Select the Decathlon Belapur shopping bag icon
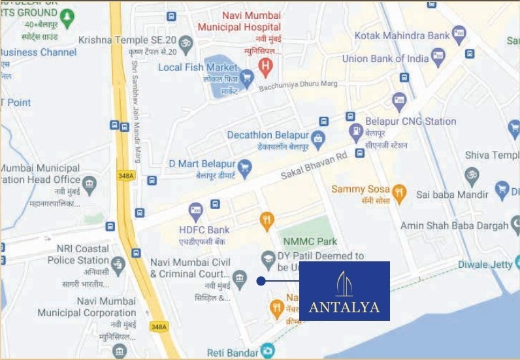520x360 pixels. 317,138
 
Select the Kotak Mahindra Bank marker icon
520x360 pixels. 459,34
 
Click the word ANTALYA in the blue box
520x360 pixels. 344,307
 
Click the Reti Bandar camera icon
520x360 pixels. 268,351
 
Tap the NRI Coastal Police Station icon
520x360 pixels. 118,265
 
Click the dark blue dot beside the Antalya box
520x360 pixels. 261,281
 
